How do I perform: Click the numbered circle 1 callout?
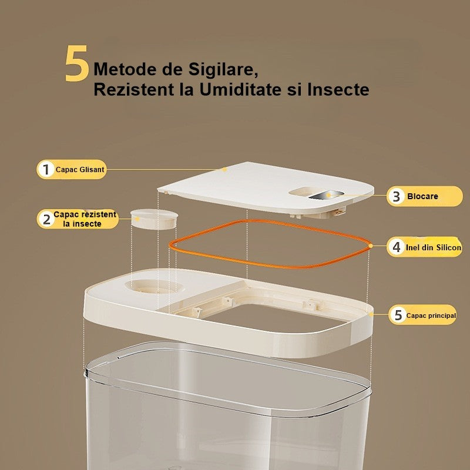(46, 170)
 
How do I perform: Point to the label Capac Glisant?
(80, 170)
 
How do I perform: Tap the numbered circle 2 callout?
(46, 219)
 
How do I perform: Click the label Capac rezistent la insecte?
(85, 219)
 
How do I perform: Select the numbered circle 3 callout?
(397, 196)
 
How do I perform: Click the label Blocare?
(422, 196)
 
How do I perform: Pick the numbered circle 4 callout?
(397, 247)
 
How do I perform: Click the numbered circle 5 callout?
(398, 315)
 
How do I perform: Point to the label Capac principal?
(433, 315)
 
